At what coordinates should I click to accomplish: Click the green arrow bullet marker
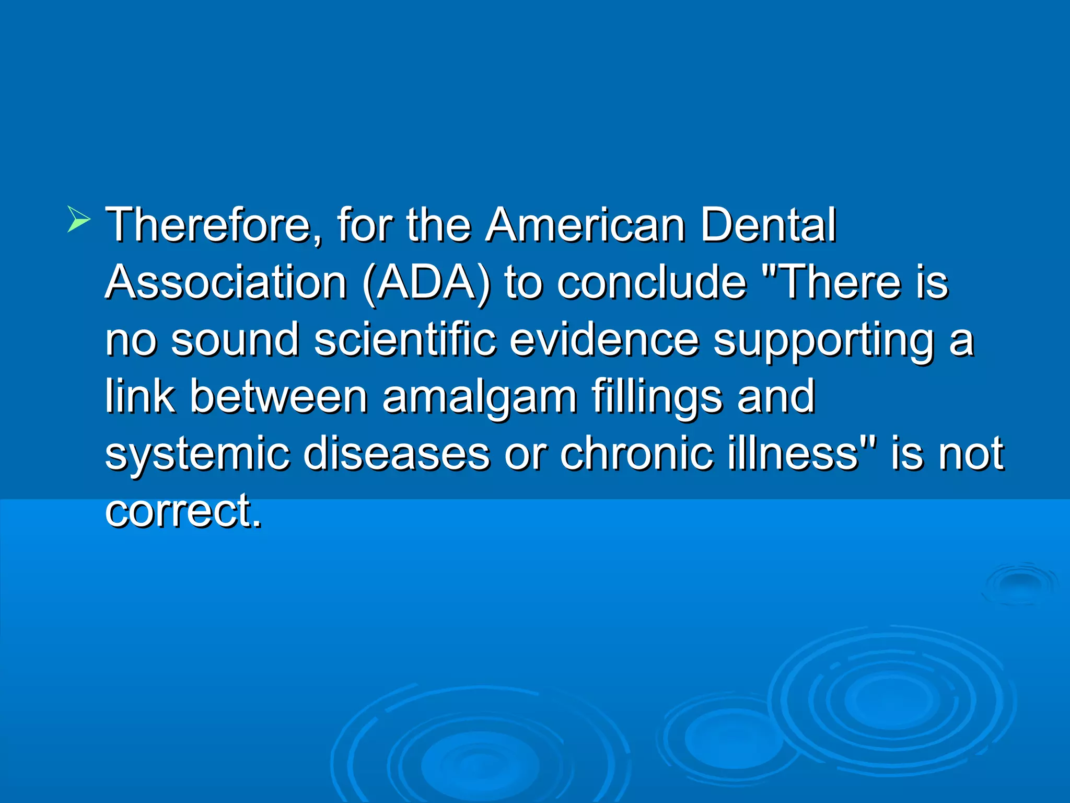tap(78, 220)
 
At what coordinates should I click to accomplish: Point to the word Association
tap(226, 282)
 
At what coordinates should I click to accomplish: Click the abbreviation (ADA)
tap(426, 283)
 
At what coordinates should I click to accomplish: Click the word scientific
tap(405, 339)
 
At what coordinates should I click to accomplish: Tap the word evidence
tap(604, 339)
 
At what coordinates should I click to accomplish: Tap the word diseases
tap(397, 453)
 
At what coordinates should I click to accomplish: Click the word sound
tap(235, 339)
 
